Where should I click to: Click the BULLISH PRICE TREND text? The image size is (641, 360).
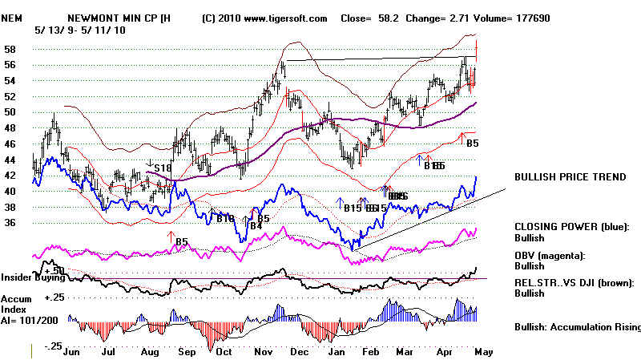coord(570,177)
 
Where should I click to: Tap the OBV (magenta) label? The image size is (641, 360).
coord(551,255)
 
